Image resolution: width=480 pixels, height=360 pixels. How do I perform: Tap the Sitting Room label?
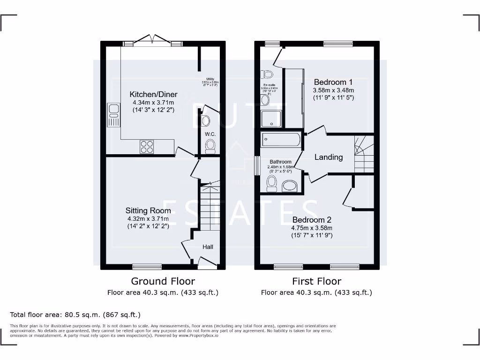coord(148,210)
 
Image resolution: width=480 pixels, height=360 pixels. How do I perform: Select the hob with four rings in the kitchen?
coord(147,147)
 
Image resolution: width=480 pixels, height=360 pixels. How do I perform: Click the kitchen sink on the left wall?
coord(113,115)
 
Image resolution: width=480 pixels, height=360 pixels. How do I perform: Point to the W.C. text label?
coord(210,135)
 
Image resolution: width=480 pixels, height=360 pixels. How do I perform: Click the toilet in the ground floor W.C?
coord(210,148)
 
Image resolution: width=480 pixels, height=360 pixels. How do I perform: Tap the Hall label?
coord(208,247)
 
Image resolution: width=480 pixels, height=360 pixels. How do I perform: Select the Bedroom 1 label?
coord(333,81)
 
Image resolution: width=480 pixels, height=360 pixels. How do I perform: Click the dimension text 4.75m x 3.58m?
coord(312,228)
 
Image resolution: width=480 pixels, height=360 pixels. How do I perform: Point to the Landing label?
coord(328,157)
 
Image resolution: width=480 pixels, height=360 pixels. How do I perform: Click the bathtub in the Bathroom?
coord(280,139)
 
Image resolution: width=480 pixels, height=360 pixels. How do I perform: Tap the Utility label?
coord(210,79)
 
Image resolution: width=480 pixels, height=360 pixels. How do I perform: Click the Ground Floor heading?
coord(163,281)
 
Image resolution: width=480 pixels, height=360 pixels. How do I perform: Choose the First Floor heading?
coord(316,281)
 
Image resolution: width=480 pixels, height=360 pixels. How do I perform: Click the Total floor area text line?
coord(75,315)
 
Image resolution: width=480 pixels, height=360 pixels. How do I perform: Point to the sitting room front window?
coord(147,267)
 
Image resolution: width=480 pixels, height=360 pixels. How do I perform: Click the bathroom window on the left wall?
coord(257,165)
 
